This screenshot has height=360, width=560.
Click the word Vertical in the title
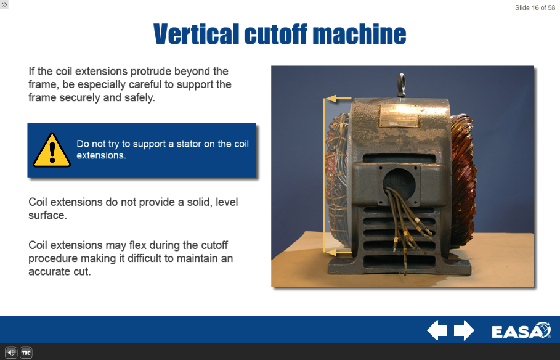[x=196, y=35]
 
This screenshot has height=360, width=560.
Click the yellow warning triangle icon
[x=52, y=150]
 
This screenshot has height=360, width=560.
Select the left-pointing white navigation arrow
[x=437, y=330]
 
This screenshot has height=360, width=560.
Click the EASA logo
[x=521, y=330]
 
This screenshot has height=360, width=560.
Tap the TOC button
[x=26, y=353]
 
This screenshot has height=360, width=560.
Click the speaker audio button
[x=11, y=353]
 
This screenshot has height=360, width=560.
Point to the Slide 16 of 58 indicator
[x=535, y=8]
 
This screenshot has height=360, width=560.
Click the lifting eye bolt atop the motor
[x=402, y=84]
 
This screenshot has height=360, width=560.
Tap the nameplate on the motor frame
[x=399, y=115]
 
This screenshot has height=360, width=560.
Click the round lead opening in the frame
[x=399, y=184]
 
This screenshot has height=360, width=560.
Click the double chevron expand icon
[x=4, y=5]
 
